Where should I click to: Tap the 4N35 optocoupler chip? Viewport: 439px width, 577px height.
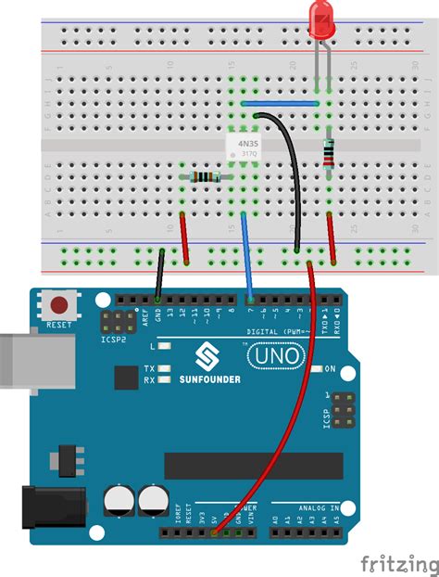[x=247, y=146]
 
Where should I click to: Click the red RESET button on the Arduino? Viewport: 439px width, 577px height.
[x=61, y=304]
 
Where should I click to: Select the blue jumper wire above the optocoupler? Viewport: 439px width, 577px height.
[x=280, y=104]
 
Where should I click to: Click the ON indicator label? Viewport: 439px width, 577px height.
[x=329, y=368]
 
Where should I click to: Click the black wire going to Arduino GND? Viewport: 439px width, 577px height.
[x=160, y=274]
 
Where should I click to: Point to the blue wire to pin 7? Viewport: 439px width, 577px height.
[x=247, y=255]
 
